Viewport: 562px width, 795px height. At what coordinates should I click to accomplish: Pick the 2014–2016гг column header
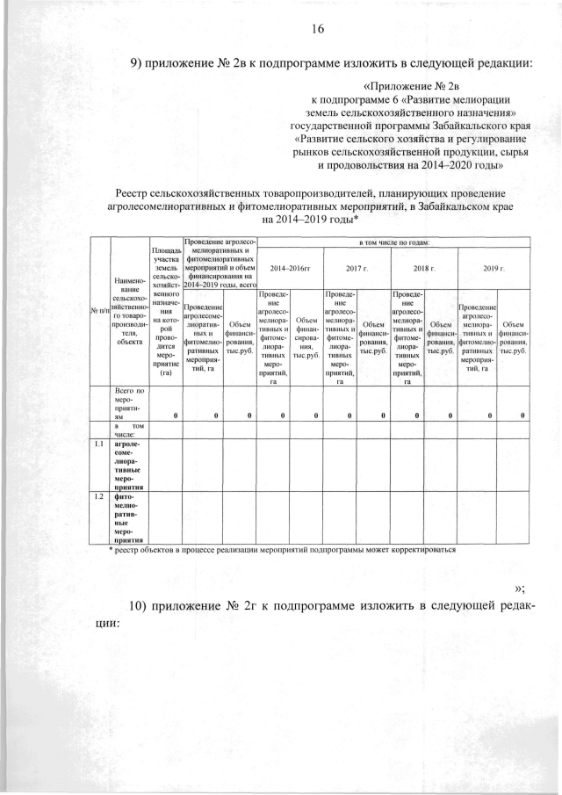tap(289, 266)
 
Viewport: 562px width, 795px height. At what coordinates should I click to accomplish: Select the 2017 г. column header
tap(355, 266)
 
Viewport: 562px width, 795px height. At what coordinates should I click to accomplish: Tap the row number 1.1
tap(99, 444)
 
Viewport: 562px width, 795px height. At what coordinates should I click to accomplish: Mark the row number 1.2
tap(99, 496)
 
